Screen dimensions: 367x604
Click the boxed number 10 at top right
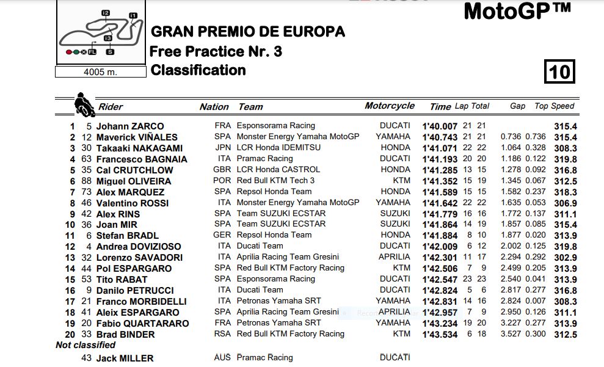click(559, 72)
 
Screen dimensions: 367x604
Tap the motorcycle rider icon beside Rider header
click(84, 104)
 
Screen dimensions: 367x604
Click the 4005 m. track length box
click(100, 71)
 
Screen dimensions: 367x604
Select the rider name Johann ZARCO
click(129, 126)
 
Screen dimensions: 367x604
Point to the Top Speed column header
click(555, 106)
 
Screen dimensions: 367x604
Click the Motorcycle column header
click(390, 106)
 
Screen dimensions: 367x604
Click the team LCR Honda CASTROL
click(278, 170)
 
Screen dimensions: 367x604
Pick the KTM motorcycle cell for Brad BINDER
click(402, 334)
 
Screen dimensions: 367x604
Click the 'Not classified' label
click(86, 345)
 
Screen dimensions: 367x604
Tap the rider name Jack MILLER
click(125, 358)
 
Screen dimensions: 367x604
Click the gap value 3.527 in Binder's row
click(511, 334)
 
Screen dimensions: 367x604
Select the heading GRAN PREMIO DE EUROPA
click(247, 31)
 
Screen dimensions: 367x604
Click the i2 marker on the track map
click(106, 12)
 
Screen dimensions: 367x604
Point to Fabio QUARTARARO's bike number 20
click(86, 323)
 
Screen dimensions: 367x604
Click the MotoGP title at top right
click(517, 11)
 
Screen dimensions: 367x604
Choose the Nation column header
click(214, 107)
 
